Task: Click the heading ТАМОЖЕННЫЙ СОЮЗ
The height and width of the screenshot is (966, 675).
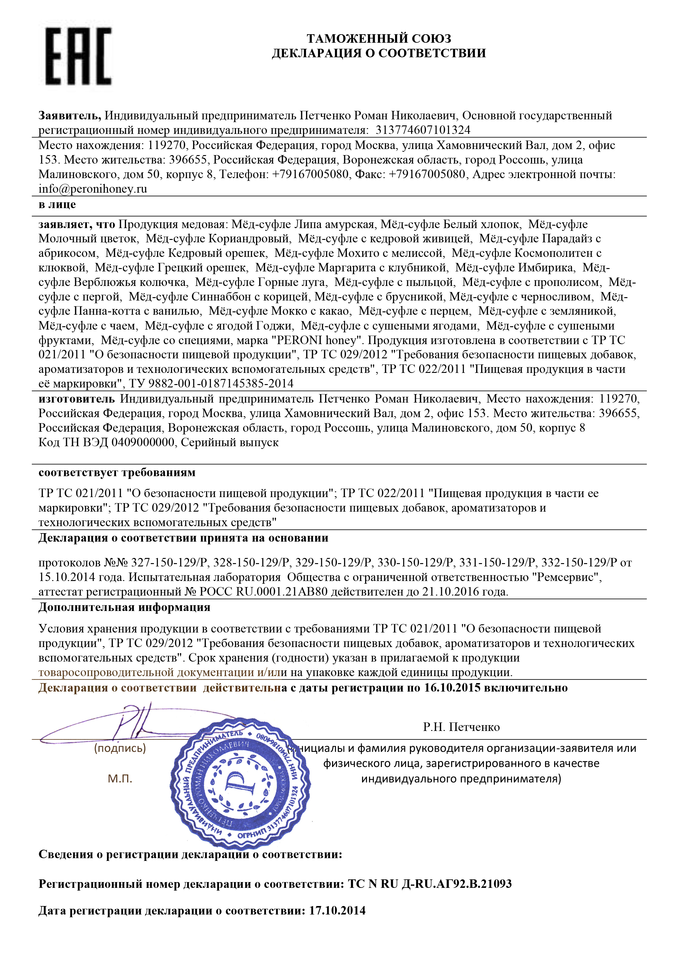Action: point(379,39)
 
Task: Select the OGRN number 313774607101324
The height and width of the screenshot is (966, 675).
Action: point(423,130)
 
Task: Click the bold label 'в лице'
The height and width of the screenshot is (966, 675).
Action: point(57,205)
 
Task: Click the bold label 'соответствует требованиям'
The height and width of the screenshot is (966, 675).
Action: point(117,473)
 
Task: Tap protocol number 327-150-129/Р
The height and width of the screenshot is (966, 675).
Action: point(169,563)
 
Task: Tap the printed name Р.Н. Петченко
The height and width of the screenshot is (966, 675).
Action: point(461,727)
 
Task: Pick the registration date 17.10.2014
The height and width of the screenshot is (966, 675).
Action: point(337,911)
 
